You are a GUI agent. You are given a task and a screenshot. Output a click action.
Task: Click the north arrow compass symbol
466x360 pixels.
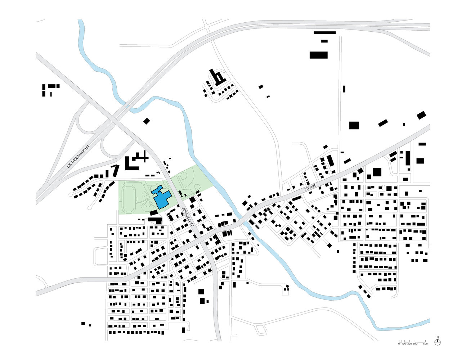click(438, 342)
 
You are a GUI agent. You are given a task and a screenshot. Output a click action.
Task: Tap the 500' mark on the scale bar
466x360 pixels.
click(426, 344)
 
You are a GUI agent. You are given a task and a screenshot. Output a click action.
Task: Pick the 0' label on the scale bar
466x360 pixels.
click(399, 344)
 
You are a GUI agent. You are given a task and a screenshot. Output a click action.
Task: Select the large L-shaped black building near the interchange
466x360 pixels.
click(130, 164)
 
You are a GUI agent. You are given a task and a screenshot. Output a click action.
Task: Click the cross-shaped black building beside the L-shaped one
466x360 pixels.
click(144, 157)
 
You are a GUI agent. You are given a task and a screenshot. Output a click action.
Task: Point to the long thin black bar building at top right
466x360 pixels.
click(324, 33)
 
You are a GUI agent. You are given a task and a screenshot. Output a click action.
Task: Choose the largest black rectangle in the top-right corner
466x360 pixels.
click(318, 55)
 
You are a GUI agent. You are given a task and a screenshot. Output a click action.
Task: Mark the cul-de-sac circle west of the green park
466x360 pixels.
click(90, 208)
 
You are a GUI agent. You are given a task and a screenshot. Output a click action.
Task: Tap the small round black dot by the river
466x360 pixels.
click(287, 286)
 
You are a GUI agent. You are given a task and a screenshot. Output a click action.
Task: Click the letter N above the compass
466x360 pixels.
click(438, 337)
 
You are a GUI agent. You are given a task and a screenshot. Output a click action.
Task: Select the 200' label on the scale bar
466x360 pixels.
click(409, 344)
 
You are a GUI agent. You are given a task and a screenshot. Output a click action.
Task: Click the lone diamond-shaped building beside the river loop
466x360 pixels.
click(146, 121)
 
